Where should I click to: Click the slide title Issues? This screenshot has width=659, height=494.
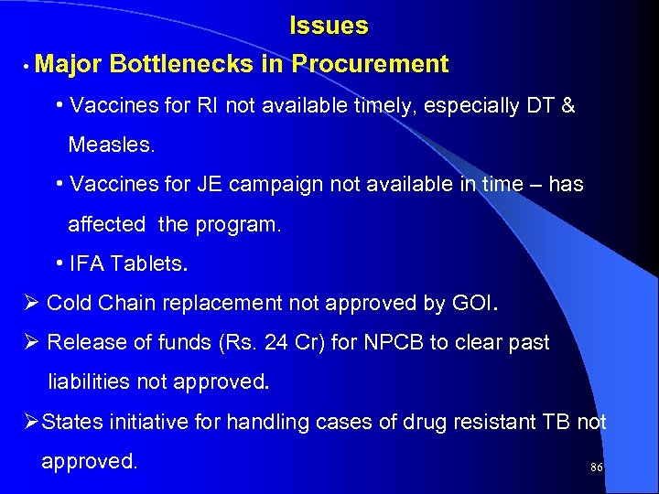click(x=329, y=26)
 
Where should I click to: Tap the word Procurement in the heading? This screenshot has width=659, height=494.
click(x=371, y=64)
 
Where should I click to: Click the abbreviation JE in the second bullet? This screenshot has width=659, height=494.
click(x=210, y=184)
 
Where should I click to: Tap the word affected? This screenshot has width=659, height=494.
click(x=106, y=224)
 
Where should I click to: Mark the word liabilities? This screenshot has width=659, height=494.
click(x=94, y=381)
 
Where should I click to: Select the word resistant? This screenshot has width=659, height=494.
click(x=489, y=422)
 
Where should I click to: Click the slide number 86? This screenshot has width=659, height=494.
click(x=597, y=467)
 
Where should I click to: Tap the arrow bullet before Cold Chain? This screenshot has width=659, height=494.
click(x=29, y=303)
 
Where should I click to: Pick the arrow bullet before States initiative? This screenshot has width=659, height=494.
click(x=29, y=422)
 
